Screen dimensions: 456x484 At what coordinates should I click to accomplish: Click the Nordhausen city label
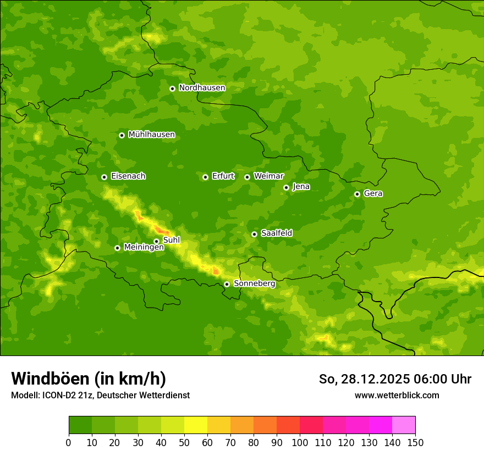click(x=202, y=88)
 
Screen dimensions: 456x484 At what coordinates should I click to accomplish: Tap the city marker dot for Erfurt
click(x=205, y=177)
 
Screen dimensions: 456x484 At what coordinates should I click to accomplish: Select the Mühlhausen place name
click(x=151, y=135)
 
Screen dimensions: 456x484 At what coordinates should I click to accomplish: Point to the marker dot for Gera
click(x=357, y=194)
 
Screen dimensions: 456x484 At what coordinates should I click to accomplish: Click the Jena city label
click(x=301, y=187)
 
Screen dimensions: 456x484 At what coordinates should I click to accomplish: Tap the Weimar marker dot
click(x=247, y=177)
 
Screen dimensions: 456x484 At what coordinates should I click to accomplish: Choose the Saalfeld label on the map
click(x=276, y=233)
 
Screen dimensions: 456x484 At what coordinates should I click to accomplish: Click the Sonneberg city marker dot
click(x=227, y=284)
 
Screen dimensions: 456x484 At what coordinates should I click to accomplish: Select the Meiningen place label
click(x=144, y=247)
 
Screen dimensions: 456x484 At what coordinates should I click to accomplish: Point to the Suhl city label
click(x=172, y=240)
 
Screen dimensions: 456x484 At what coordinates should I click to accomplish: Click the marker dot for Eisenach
click(x=104, y=177)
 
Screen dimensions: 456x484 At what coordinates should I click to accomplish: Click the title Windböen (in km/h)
click(x=89, y=379)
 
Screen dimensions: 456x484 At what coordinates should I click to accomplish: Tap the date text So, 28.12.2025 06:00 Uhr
click(x=395, y=379)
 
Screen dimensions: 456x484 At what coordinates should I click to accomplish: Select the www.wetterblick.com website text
click(x=397, y=395)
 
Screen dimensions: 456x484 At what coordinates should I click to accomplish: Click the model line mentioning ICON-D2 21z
click(x=100, y=395)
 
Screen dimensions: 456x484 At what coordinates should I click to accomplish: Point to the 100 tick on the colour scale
click(x=300, y=442)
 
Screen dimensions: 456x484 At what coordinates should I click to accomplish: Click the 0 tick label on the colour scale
click(x=69, y=442)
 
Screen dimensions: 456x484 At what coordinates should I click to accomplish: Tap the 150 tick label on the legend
click(x=415, y=442)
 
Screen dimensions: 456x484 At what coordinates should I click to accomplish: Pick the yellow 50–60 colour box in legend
click(x=196, y=425)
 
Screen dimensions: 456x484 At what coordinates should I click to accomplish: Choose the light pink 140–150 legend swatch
click(x=404, y=425)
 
